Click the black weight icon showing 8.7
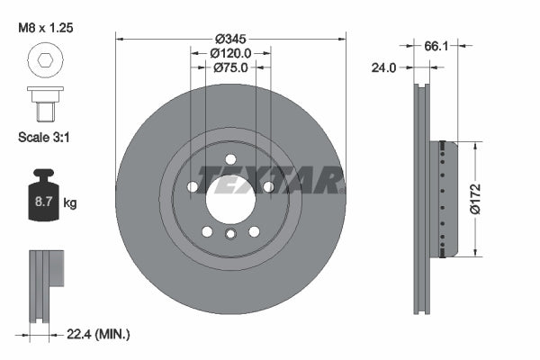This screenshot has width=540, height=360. (42, 192)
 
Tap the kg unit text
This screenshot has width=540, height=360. (70, 202)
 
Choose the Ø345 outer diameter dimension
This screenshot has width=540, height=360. (230, 38)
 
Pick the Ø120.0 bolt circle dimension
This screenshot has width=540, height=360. (230, 53)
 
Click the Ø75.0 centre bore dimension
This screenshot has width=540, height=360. (230, 68)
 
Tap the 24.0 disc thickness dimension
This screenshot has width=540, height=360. (384, 67)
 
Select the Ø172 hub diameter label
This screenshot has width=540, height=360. (483, 198)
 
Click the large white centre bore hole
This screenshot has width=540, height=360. (230, 198)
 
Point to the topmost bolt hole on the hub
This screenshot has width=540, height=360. (230, 160)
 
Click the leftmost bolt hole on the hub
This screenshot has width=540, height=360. (193, 187)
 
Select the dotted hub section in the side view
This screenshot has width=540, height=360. (443, 198)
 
